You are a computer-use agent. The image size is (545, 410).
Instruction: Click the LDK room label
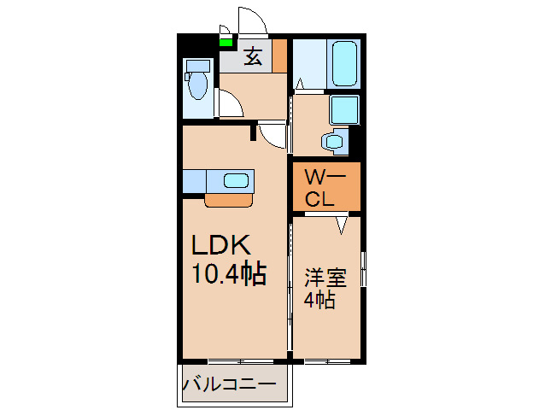tap(220, 246)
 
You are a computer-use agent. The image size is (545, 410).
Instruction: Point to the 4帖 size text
tap(319, 300)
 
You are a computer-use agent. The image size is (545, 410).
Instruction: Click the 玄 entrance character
tap(254, 57)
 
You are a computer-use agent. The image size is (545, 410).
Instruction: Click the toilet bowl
tap(197, 85)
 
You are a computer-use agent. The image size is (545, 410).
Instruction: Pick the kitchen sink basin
tap(236, 180)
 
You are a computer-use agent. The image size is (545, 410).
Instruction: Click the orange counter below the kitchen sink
tap(228, 200)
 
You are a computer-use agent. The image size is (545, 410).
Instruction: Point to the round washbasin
tap(333, 141)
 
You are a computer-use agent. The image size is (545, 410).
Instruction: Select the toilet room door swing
tap(230, 106)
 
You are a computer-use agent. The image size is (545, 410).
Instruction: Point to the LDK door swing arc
tap(272, 136)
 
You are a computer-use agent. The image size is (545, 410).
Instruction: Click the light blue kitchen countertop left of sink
tap(194, 181)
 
